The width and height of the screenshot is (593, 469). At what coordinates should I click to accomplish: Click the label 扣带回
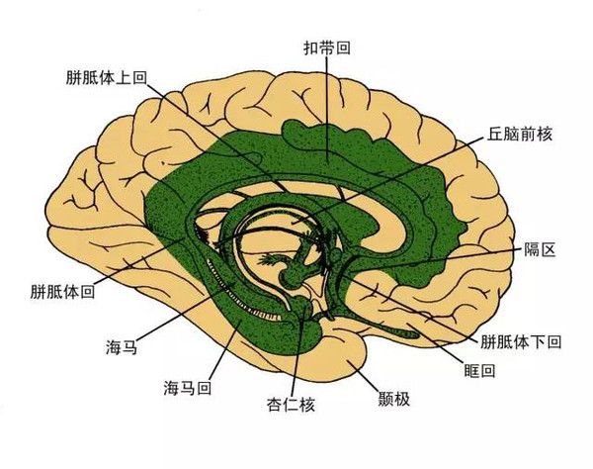tap(327, 48)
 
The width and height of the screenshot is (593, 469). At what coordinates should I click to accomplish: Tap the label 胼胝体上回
tap(107, 77)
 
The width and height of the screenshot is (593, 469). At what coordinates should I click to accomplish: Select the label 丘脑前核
tap(519, 134)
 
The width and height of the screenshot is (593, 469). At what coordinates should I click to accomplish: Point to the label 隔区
tap(540, 249)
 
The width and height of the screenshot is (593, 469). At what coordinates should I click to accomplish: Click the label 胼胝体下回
tap(521, 341)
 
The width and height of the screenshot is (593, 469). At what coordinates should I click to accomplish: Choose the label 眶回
tap(479, 370)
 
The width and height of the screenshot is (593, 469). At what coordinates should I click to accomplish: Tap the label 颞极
tap(394, 399)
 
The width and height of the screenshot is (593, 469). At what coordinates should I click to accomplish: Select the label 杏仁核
tap(291, 405)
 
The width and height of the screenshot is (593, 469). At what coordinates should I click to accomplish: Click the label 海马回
tap(188, 388)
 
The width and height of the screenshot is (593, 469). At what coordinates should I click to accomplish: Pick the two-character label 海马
tap(122, 347)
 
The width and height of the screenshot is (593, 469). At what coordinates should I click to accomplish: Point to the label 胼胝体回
tap(62, 292)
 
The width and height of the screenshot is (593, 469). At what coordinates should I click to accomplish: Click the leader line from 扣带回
tap(327, 110)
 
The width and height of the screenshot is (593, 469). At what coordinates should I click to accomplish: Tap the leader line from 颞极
tap(363, 374)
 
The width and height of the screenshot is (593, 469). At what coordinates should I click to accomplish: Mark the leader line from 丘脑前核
tap(388, 180)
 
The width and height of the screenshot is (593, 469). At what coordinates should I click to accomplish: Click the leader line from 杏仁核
tap(298, 351)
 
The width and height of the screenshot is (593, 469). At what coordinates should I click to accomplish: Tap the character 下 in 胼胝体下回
tap(537, 341)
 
